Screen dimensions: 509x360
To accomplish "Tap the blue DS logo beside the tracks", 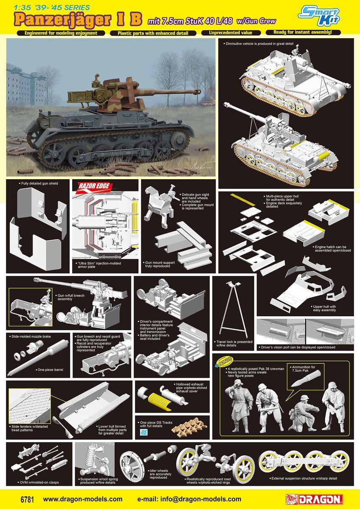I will pyautogui.click(x=143, y=434).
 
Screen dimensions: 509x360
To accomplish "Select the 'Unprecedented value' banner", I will pyautogui.click(x=231, y=33).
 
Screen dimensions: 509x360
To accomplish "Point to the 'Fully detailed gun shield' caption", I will pyautogui.click(x=39, y=183).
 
